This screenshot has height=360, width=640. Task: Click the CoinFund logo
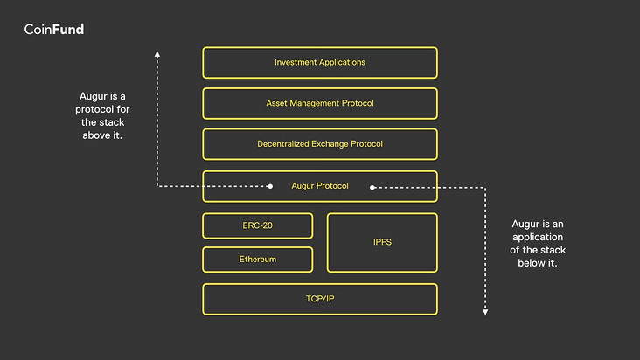click(x=54, y=30)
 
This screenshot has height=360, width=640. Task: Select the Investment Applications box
click(x=320, y=63)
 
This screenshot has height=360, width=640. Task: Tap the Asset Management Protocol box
click(x=320, y=103)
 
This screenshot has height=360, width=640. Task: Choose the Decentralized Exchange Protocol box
click(x=320, y=144)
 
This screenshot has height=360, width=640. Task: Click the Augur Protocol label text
click(x=320, y=186)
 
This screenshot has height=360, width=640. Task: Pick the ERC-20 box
click(x=258, y=225)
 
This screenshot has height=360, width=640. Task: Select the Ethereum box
click(x=258, y=260)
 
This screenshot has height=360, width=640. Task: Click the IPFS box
click(x=382, y=242)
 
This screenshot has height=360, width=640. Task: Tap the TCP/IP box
click(x=320, y=299)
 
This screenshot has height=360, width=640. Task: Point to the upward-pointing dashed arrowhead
click(x=157, y=53)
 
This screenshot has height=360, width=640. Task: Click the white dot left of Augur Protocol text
click(x=270, y=186)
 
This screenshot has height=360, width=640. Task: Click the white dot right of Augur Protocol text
click(x=372, y=186)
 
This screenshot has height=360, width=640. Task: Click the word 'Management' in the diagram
click(x=317, y=103)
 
